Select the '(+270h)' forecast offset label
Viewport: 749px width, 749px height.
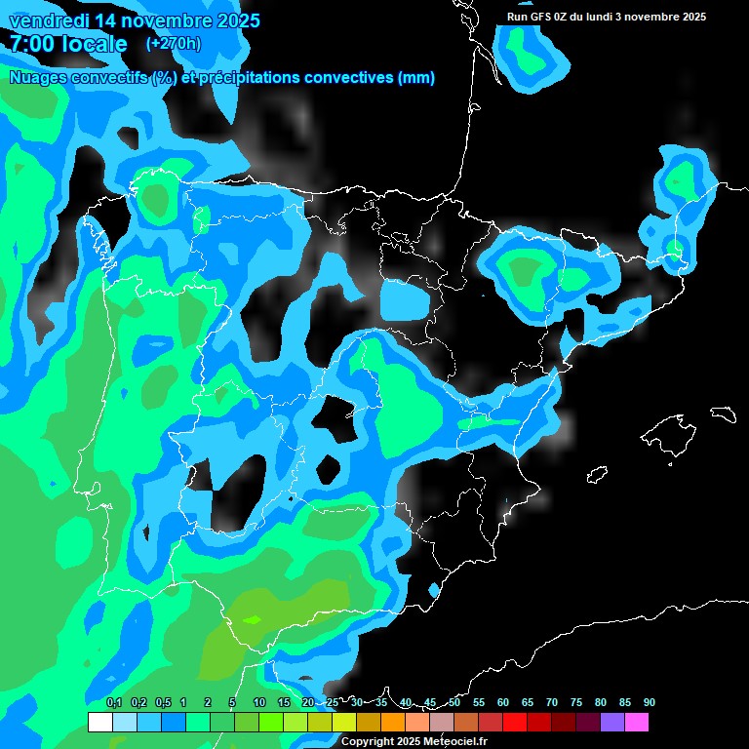[x=174, y=43]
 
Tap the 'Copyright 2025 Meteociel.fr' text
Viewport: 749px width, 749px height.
[x=414, y=742]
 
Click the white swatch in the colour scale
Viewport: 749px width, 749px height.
[x=99, y=722]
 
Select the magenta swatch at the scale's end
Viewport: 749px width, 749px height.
[x=637, y=722]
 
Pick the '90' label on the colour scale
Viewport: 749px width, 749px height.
[x=649, y=702]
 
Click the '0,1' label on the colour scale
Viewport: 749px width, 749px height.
[x=114, y=702]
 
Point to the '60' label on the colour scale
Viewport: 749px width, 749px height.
[x=502, y=702]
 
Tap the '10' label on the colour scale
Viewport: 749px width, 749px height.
[x=258, y=702]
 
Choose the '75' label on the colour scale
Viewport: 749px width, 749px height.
[x=575, y=702]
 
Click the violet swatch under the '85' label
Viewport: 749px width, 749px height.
[x=612, y=722]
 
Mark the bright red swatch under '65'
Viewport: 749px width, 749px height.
[x=515, y=722]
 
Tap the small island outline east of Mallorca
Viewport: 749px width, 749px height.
[x=723, y=414]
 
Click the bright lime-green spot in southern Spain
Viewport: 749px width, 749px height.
[x=253, y=618]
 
